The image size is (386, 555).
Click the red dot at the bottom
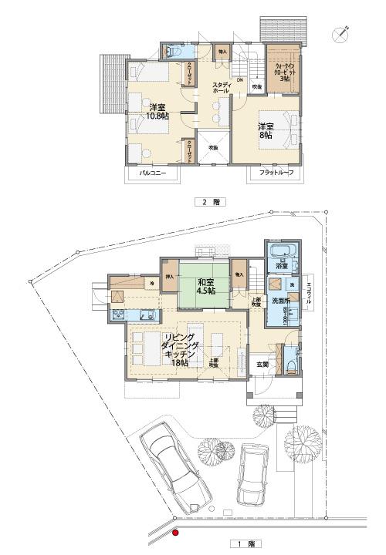point(175,531)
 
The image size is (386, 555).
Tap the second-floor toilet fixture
point(172,52)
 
